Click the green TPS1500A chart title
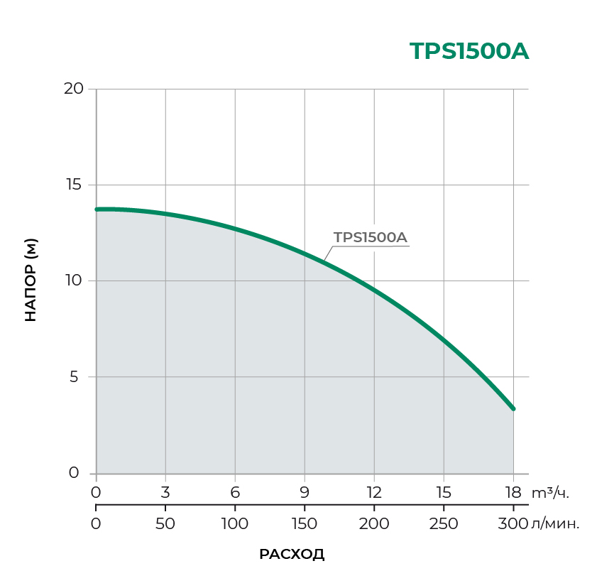pyautogui.click(x=469, y=52)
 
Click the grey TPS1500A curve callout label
pyautogui.click(x=371, y=237)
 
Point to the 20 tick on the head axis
pyautogui.click(x=74, y=89)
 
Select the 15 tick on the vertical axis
pyautogui.click(x=74, y=185)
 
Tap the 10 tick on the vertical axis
pyautogui.click(x=74, y=281)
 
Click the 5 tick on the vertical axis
pyautogui.click(x=74, y=376)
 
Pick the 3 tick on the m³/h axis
pyautogui.click(x=165, y=492)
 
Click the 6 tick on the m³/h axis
pyautogui.click(x=235, y=492)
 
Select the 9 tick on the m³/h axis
pyautogui.click(x=305, y=492)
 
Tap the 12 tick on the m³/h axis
pyautogui.click(x=374, y=492)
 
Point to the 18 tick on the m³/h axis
pyautogui.click(x=513, y=492)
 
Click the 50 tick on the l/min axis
pyautogui.click(x=165, y=524)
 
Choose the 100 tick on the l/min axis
pyautogui.click(x=235, y=524)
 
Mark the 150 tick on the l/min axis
pyautogui.click(x=305, y=524)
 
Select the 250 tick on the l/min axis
pyautogui.click(x=444, y=524)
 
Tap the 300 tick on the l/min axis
pyautogui.click(x=513, y=524)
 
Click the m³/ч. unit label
pyautogui.click(x=551, y=492)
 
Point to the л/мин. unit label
pyautogui.click(x=556, y=524)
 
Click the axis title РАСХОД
pyautogui.click(x=292, y=555)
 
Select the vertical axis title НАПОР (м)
pyautogui.click(x=31, y=281)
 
